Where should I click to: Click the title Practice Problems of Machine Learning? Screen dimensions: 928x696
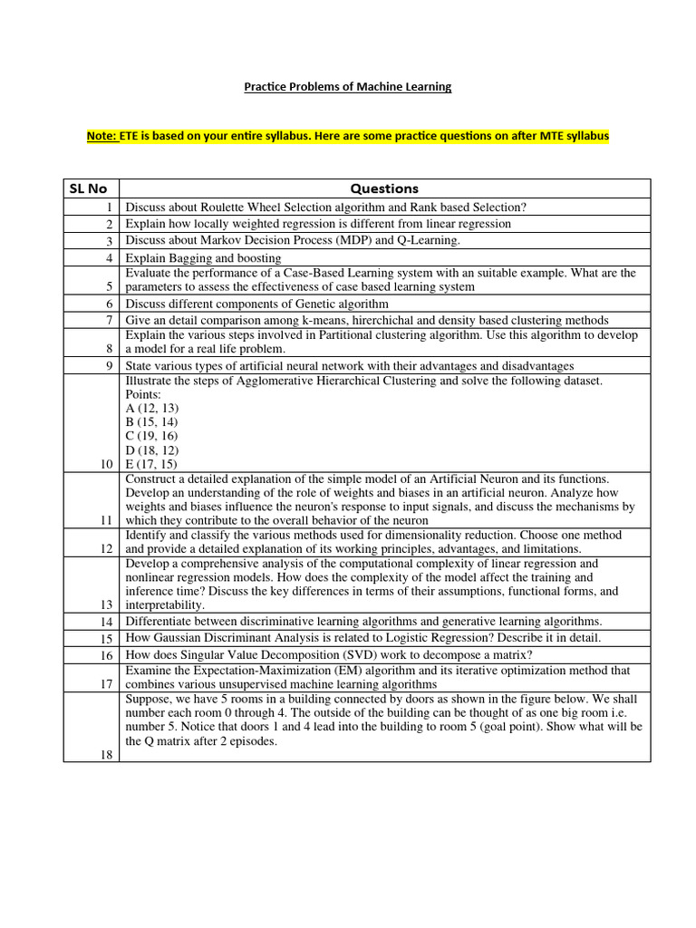point(348,87)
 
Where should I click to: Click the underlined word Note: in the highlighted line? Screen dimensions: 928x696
point(102,136)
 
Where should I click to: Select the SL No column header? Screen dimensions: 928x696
point(89,188)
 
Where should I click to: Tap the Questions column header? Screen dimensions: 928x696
point(384,188)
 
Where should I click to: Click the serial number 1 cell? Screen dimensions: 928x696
point(108,208)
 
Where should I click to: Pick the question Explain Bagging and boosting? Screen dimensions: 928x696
point(203,257)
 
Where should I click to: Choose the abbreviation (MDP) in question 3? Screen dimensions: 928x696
point(343,240)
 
